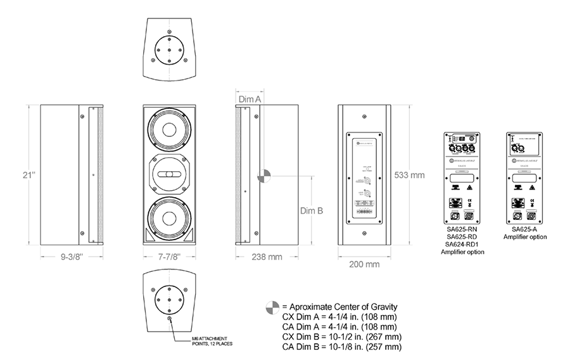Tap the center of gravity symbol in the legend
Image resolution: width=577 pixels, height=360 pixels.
pos(271,307)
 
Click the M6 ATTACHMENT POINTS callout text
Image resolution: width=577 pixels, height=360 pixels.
pos(210,342)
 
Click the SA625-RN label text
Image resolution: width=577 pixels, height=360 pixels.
pos(461,229)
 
